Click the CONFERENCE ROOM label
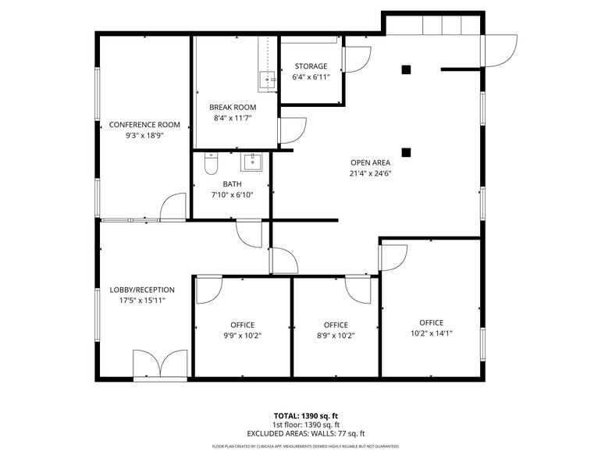(x=144, y=125)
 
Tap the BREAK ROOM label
(x=233, y=108)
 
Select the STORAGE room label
(x=311, y=66)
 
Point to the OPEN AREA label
(x=370, y=163)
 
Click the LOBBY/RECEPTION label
(x=142, y=290)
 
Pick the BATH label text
(x=232, y=184)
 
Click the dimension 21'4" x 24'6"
(x=370, y=174)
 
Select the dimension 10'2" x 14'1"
(x=431, y=333)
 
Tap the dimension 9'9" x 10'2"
(x=242, y=336)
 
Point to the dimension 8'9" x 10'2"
(x=336, y=336)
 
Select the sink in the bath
(x=252, y=162)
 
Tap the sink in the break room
(x=267, y=79)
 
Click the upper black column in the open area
(x=406, y=69)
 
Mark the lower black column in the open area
(x=406, y=151)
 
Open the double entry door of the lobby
(x=160, y=365)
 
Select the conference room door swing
(x=173, y=208)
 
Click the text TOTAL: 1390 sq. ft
(x=306, y=416)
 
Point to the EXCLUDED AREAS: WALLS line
(x=306, y=433)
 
